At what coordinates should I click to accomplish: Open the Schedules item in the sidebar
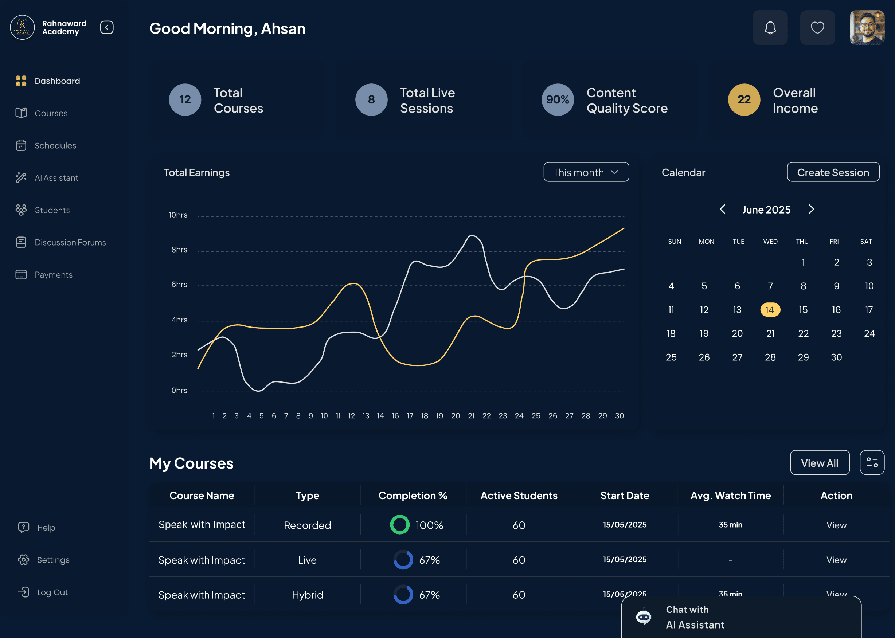[x=55, y=146]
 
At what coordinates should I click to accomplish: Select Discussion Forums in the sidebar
[x=70, y=242]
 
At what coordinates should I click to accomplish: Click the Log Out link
[x=52, y=592]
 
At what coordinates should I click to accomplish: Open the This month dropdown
[x=586, y=172]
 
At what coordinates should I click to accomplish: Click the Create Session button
[x=833, y=172]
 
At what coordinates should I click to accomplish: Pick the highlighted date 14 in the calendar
[x=770, y=310]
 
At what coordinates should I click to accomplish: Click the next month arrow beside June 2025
[x=811, y=210]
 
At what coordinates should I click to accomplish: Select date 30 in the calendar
[x=836, y=357]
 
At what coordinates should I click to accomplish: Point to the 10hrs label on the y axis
[x=178, y=215]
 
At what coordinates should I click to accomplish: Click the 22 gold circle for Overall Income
[x=744, y=100]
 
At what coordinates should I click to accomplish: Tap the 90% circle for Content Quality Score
[x=557, y=100]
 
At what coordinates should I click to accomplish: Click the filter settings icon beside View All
[x=872, y=462]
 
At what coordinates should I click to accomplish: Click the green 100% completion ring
[x=399, y=525]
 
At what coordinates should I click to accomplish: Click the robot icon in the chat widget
[x=643, y=617]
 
